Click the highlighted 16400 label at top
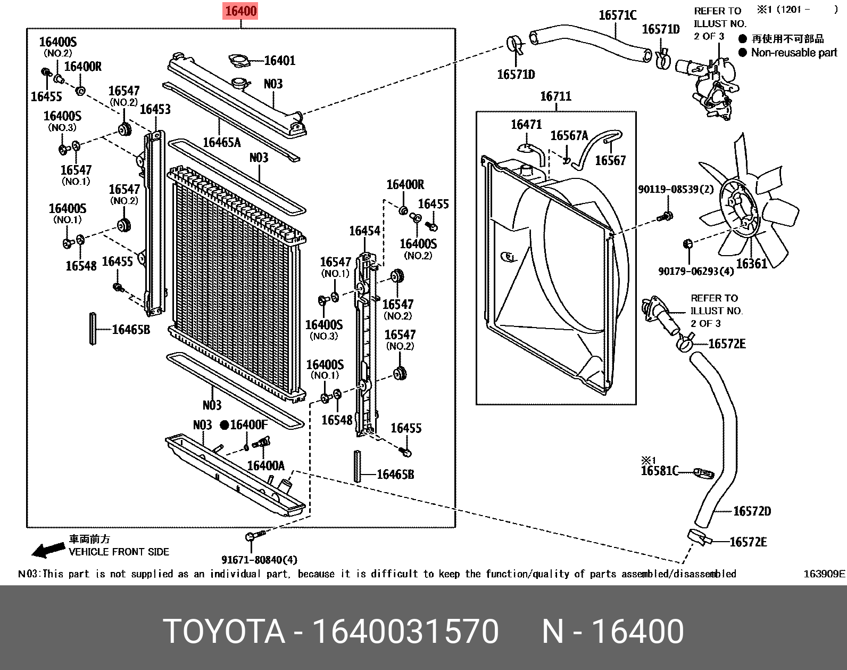coord(240,11)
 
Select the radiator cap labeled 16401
coord(240,61)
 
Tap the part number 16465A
coord(222,142)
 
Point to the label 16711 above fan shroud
coord(555,96)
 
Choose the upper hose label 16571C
coord(617,15)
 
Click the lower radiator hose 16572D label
coord(751,511)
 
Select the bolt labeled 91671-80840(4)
coord(252,536)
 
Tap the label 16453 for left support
coord(155,109)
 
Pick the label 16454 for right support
coord(364,231)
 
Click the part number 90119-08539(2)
coord(675,190)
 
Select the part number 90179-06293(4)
coord(695,272)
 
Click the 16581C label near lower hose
coord(659,471)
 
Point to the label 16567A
coord(569,136)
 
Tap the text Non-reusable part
coord(794,53)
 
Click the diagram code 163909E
coord(824,574)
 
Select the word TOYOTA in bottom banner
coord(224,632)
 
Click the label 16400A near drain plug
coord(265,466)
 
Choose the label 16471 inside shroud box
coord(526,125)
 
